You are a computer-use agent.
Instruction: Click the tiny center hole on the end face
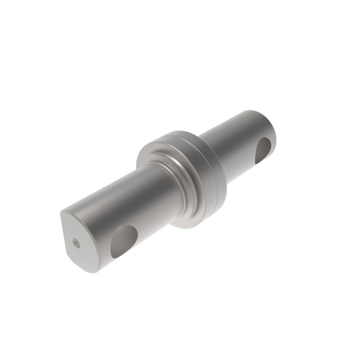click(x=76, y=242)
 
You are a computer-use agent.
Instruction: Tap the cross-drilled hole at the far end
click(x=263, y=147)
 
